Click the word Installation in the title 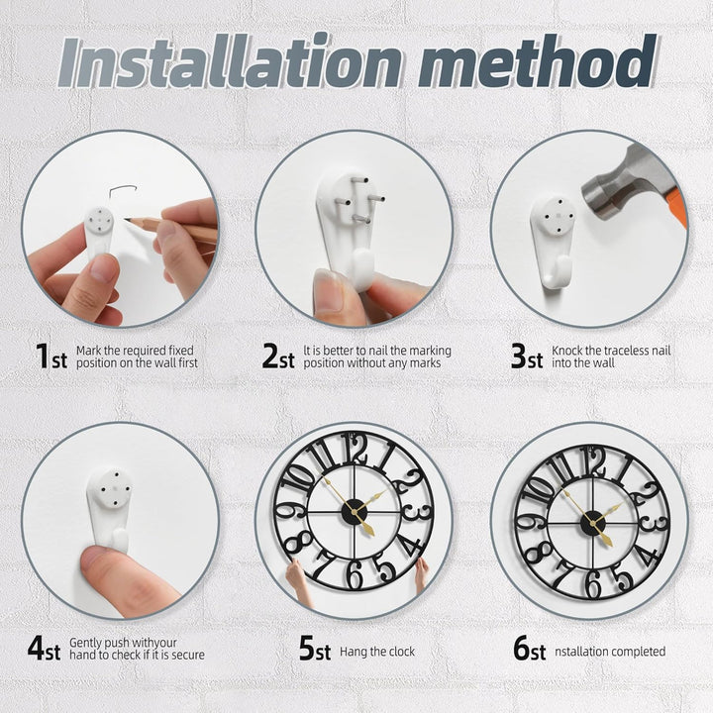click(x=230, y=60)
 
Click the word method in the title click(x=539, y=60)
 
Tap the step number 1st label click(x=51, y=356)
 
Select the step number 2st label click(x=278, y=356)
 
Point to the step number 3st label click(x=527, y=356)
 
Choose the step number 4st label click(x=45, y=649)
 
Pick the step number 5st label click(x=315, y=649)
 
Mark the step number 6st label click(x=530, y=649)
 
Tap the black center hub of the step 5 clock click(x=355, y=512)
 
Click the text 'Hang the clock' click(x=377, y=652)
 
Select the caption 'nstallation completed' click(x=610, y=652)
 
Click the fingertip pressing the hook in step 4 click(x=98, y=560)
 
